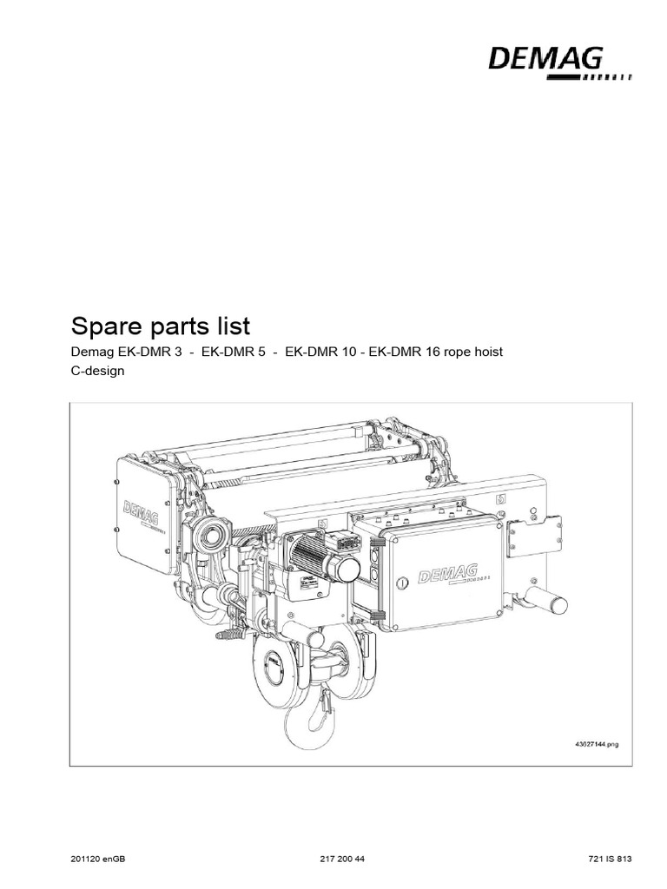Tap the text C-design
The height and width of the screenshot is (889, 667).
point(97,370)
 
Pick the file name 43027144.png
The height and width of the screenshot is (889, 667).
point(598,744)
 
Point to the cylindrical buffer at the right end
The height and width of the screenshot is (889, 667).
point(545,600)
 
